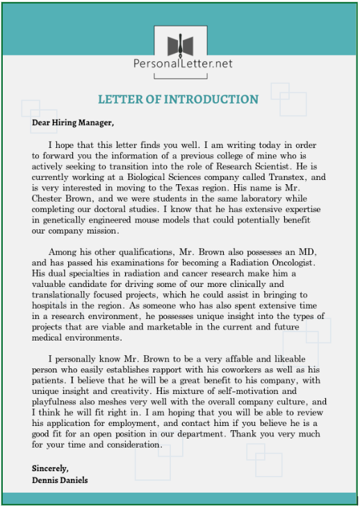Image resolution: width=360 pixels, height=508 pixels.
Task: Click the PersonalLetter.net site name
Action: click(x=183, y=63)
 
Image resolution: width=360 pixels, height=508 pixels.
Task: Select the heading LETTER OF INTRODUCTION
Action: click(x=178, y=99)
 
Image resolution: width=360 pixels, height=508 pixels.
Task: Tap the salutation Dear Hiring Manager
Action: click(x=72, y=124)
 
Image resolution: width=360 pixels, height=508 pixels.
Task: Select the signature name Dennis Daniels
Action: click(x=60, y=480)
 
